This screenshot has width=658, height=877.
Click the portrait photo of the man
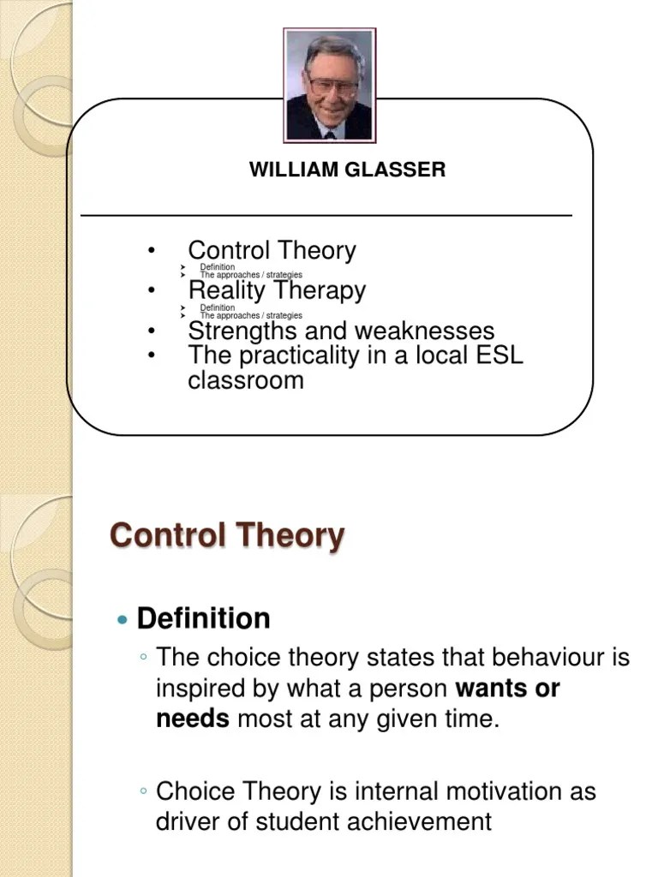tap(330, 86)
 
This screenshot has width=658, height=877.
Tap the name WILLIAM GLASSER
tap(347, 170)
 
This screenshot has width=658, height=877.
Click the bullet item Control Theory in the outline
tap(272, 251)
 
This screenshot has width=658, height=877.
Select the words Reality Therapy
tap(277, 290)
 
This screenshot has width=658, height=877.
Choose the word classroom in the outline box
tap(246, 380)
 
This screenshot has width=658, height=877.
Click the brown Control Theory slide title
tap(227, 536)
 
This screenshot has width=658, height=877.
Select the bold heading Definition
tap(204, 618)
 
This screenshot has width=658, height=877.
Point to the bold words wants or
tap(508, 689)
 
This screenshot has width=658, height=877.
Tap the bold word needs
tap(193, 719)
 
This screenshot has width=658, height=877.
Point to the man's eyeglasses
tap(333, 85)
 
